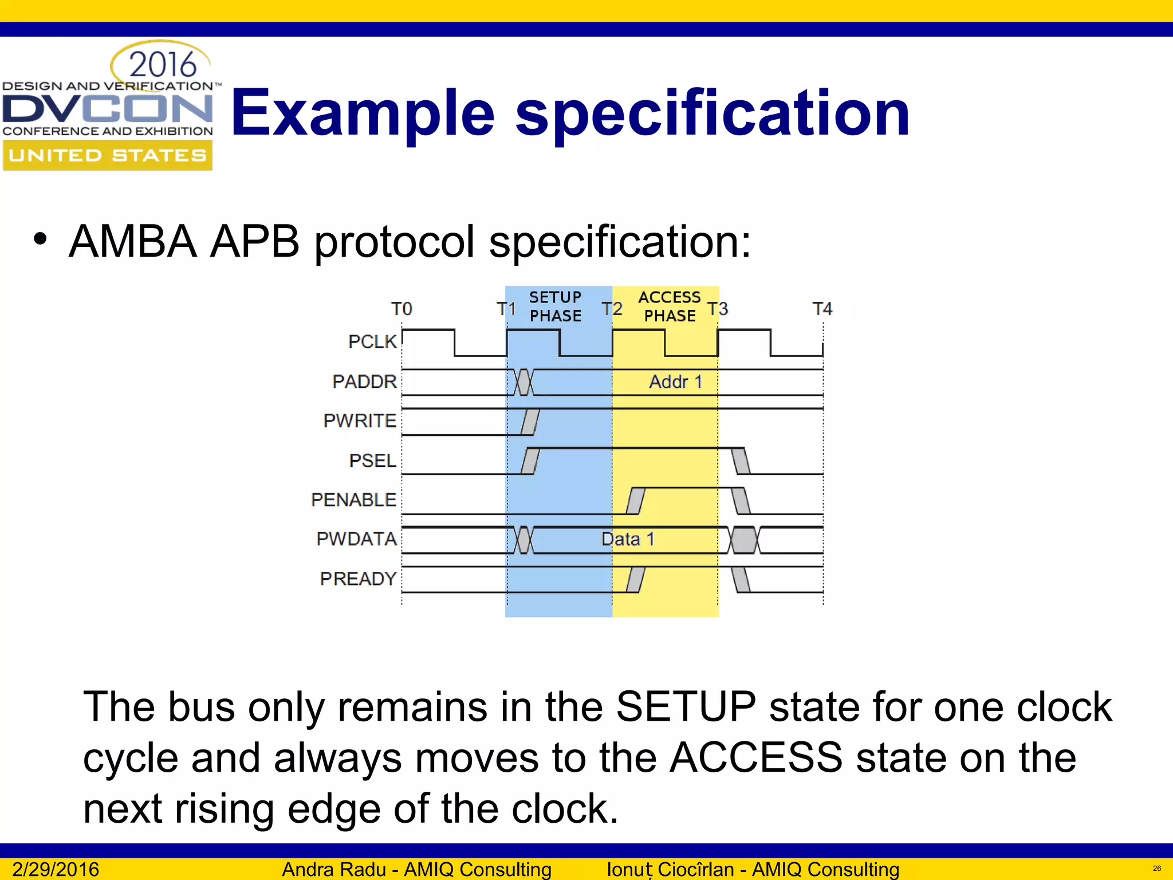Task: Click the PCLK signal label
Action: [372, 341]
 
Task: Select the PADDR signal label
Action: [364, 381]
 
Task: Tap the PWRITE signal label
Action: [360, 421]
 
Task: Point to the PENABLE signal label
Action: [353, 500]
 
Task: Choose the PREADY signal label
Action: [358, 579]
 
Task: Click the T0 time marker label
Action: [402, 309]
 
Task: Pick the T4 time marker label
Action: [822, 309]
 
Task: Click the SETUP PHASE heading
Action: [555, 307]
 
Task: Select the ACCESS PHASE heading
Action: [670, 307]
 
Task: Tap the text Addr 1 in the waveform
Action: [675, 382]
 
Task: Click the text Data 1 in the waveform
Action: [628, 539]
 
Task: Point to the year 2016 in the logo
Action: [163, 65]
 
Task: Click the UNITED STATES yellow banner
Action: [108, 155]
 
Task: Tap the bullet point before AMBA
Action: [40, 239]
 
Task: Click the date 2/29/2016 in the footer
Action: [56, 869]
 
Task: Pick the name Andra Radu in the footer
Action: [335, 869]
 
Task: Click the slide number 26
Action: [1156, 869]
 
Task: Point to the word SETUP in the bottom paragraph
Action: [686, 706]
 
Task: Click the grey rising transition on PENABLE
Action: [635, 501]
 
